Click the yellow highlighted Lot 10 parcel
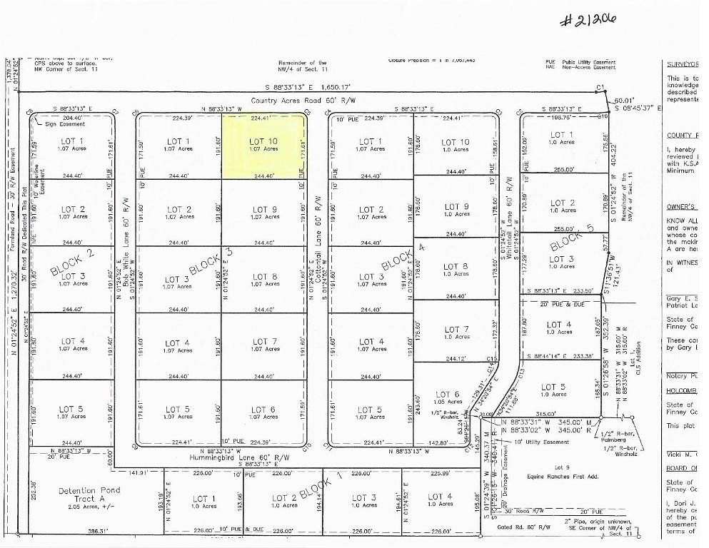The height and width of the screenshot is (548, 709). point(263,146)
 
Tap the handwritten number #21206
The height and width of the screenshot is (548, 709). point(587,21)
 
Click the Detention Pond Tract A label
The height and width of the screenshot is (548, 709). point(89,494)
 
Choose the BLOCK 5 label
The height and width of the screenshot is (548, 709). point(571,238)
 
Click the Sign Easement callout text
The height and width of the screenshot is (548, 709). point(61,123)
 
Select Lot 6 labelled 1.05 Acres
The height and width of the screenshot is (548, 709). point(446,397)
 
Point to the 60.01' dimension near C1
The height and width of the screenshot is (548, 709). point(624,101)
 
